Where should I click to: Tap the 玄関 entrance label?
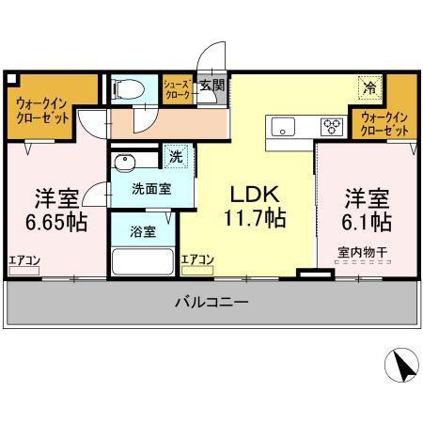coord(211,86)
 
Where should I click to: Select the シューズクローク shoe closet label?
coord(178,90)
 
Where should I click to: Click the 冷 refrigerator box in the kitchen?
coord(369,87)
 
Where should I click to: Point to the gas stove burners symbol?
coord(333,125)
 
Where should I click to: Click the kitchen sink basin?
coord(283,125)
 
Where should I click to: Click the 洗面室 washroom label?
coord(150,189)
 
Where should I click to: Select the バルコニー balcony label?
coord(211,304)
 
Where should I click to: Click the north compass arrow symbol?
coord(400,363)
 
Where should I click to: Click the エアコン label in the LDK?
coord(196,259)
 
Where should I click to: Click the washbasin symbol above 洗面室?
coord(128,159)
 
